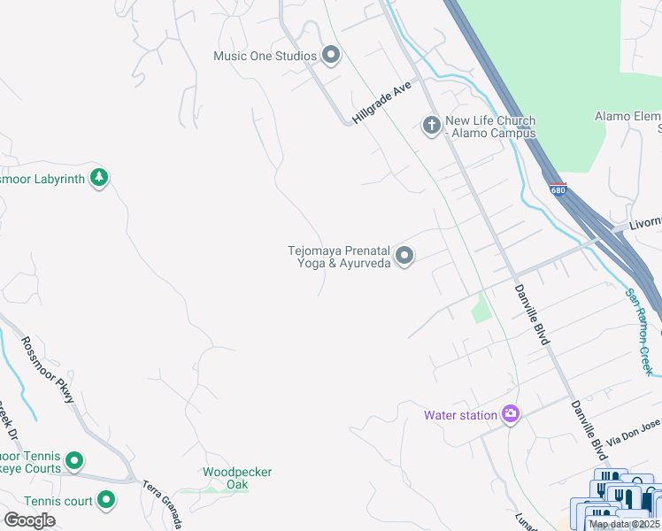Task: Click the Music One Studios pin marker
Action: click(x=332, y=56)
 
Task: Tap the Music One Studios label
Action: click(x=265, y=56)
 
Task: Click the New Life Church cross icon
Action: click(x=432, y=126)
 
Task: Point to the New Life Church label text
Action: click(x=490, y=127)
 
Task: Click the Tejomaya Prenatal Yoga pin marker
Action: click(x=404, y=256)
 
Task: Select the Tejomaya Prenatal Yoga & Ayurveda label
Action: click(x=340, y=257)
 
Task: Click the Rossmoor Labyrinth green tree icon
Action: click(x=100, y=178)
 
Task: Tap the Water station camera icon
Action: click(x=510, y=413)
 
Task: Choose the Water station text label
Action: click(x=460, y=415)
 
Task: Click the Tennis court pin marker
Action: click(x=106, y=501)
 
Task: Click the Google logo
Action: click(x=29, y=519)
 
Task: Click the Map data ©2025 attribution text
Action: click(x=624, y=524)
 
